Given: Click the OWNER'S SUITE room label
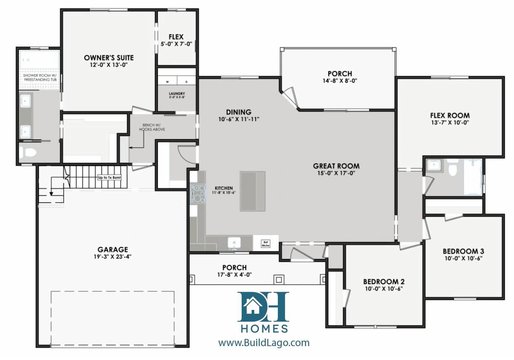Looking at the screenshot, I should [x=109, y=58].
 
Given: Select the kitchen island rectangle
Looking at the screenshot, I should [x=253, y=191].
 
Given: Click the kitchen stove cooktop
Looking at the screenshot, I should [x=197, y=193].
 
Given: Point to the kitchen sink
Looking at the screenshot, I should [x=234, y=243].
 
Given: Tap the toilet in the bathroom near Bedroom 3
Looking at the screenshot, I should [x=453, y=169].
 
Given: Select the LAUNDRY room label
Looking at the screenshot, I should [x=177, y=93].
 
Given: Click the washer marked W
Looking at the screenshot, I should [x=167, y=81].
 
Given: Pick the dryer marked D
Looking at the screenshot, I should [x=186, y=81].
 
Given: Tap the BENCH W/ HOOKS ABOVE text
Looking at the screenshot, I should [x=154, y=128].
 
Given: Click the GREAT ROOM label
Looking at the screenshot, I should [x=336, y=166].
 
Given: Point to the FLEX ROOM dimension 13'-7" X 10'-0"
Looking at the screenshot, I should [x=450, y=123].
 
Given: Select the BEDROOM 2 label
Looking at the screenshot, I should [x=384, y=282].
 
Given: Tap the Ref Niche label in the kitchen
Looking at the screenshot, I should [x=266, y=243].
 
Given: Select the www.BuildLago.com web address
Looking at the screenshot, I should [x=264, y=343].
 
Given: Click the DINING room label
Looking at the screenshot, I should [x=238, y=112].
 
